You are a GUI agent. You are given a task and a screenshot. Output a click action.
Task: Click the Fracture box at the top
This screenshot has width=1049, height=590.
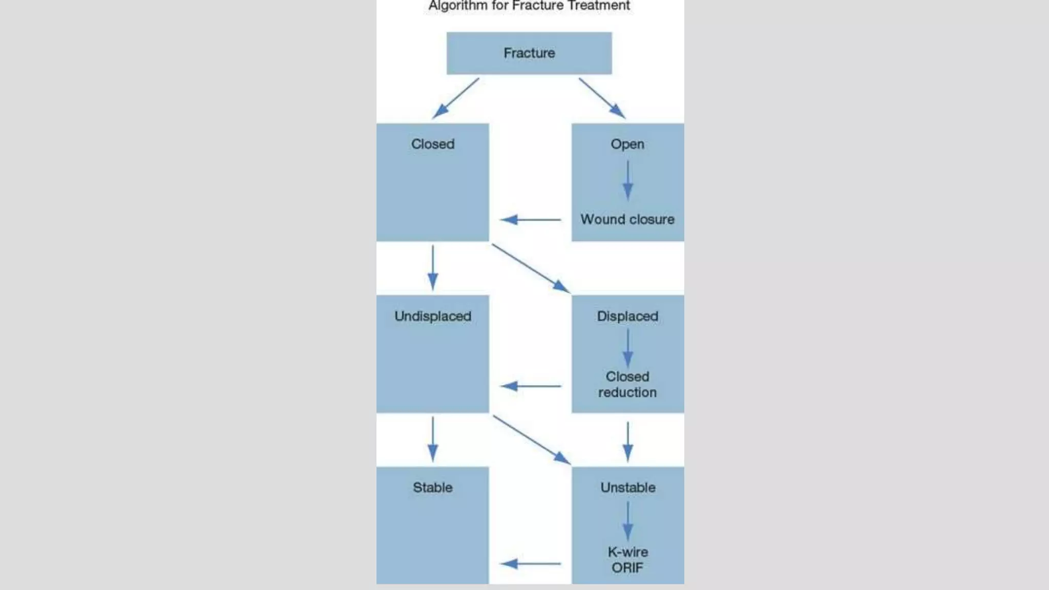(529, 53)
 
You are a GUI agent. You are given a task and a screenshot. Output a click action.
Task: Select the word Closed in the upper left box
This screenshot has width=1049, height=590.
(432, 144)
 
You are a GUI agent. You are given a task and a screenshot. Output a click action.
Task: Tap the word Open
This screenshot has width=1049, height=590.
(627, 144)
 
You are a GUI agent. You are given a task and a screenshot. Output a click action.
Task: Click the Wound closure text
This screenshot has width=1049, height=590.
(627, 219)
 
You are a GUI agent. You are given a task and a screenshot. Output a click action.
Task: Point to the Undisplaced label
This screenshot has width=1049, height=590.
(432, 316)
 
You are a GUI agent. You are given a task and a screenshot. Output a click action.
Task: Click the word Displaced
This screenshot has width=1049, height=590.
(627, 316)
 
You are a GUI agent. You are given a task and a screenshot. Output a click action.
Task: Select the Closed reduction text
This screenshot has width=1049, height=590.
(627, 384)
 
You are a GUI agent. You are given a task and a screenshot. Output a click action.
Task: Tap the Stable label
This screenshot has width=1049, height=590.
(432, 487)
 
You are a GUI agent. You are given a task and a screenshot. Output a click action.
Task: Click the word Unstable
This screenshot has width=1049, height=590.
(627, 487)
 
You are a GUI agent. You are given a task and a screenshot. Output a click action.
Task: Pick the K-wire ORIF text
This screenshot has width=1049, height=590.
(627, 559)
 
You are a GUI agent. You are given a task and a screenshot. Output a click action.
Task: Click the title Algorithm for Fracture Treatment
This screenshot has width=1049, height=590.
(529, 6)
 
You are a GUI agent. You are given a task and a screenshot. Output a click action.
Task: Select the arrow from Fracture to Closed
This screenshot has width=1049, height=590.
(455, 98)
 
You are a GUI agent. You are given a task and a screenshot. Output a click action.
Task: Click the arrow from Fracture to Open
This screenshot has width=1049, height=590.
(602, 98)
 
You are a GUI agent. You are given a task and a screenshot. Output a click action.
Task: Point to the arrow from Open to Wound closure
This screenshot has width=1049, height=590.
(627, 180)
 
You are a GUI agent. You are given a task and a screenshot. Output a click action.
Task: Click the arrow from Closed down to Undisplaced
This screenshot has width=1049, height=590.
(432, 267)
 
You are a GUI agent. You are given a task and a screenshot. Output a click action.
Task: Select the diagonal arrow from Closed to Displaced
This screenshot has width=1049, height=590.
(531, 268)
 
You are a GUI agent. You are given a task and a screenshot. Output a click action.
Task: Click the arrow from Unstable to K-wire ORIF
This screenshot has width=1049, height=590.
(627, 521)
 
